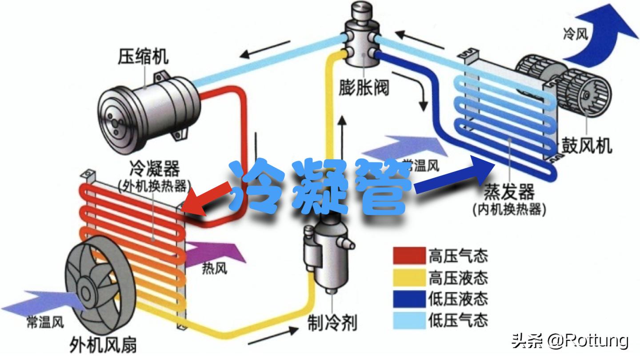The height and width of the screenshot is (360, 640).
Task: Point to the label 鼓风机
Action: [586, 145]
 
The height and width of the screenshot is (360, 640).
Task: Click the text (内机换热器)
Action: [509, 208]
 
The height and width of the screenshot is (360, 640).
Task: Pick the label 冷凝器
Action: [154, 169]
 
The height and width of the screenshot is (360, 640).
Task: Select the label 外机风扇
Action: [103, 344]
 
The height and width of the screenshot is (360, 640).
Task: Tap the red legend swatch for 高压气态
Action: [409, 256]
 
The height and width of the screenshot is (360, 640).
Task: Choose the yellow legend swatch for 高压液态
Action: [409, 277]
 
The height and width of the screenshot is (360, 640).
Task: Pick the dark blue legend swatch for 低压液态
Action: [409, 298]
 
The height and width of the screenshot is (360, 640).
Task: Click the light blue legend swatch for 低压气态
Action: [409, 319]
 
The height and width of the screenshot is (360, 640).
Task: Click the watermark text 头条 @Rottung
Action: [570, 341]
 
